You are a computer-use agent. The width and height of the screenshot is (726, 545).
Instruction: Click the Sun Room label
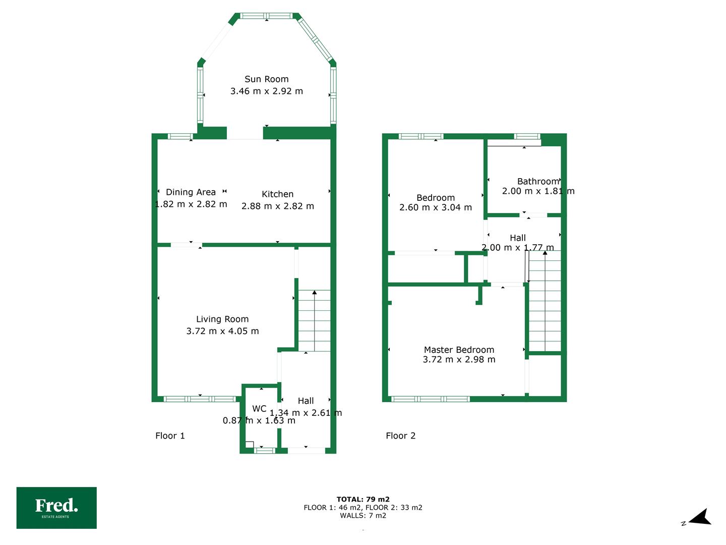266,79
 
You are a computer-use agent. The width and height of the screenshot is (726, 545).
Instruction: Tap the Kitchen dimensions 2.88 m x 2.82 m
277,206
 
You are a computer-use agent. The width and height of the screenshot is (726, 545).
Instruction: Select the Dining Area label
191,192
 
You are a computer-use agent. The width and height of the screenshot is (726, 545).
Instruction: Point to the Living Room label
222,319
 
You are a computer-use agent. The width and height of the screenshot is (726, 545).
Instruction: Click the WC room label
259,409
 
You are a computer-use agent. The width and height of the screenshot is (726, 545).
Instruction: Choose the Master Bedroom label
459,350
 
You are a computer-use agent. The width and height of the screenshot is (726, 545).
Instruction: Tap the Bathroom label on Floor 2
538,181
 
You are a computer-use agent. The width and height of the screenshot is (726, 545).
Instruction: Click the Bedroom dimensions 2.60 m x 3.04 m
436,207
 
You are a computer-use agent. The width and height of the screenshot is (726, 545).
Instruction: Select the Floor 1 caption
170,435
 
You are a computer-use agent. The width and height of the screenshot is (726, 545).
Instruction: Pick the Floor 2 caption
400,435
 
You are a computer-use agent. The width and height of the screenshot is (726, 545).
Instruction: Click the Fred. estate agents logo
56,508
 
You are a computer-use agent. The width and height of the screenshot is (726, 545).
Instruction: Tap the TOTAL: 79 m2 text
363,499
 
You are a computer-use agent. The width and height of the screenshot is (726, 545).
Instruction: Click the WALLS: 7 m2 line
363,515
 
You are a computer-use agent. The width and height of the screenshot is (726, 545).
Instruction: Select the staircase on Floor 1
314,320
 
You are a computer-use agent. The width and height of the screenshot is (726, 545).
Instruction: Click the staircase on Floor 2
544,301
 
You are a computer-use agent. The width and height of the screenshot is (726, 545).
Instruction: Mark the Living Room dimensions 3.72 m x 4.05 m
222,331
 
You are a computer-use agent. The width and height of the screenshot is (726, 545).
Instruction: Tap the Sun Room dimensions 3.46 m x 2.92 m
266,91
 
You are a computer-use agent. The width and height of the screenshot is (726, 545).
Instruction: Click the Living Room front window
200,399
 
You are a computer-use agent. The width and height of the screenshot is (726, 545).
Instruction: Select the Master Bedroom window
431,399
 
